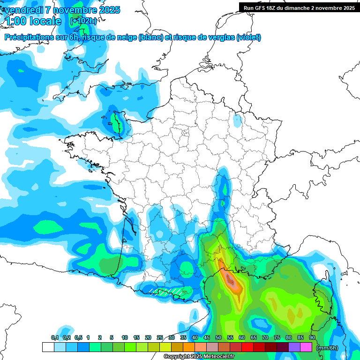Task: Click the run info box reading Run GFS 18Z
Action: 299,7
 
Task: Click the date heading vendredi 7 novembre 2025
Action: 62,10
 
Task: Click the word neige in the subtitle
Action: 126,37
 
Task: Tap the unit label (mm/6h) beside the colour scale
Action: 327,348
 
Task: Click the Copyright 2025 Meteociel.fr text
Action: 199,357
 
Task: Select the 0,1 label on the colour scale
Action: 55,338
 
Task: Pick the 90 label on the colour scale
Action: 312,338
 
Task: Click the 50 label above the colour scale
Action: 218,338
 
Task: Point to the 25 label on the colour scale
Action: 160,338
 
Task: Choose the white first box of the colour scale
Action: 48,347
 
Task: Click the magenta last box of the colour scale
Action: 306,347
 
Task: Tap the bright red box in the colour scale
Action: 247,347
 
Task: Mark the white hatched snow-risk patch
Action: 166,292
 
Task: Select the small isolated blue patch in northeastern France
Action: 238,120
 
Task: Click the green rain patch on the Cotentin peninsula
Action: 115,123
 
